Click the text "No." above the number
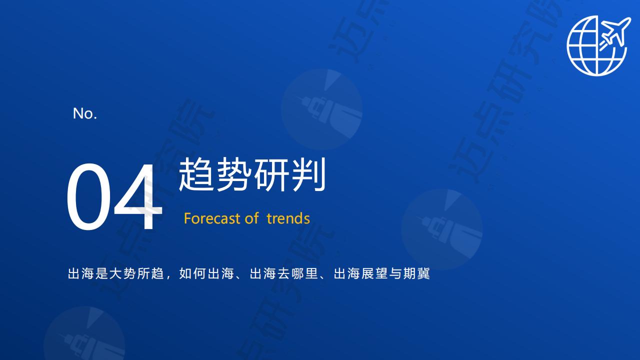coord(85,113)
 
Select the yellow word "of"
coord(251,218)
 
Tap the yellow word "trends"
coord(288,218)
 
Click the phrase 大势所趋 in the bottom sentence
coord(136,273)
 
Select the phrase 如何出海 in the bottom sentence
coord(206,273)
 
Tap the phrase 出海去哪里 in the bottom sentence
coord(283,273)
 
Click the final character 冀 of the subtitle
coord(423,273)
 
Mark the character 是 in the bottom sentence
coord(101,273)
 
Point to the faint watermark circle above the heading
coord(322,109)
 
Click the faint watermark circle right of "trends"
coord(441,229)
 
